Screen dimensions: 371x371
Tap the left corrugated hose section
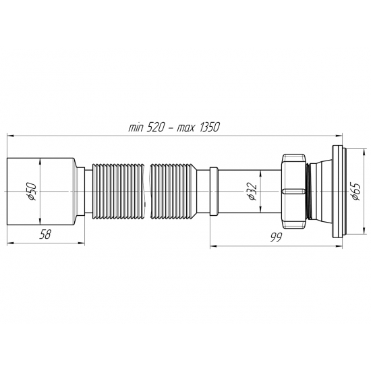pyautogui.click(x=118, y=192)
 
